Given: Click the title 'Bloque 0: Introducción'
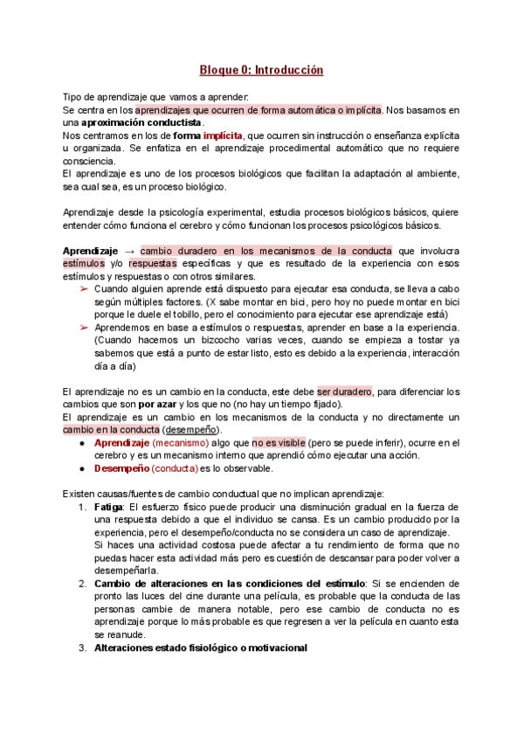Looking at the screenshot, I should tap(261, 69).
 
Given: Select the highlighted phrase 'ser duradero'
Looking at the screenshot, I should tap(345, 391).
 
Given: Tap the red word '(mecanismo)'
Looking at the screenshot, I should tap(180, 444).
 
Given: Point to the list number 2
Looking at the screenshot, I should tap(81, 585).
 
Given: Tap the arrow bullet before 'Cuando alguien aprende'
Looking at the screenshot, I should tap(83, 288).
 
